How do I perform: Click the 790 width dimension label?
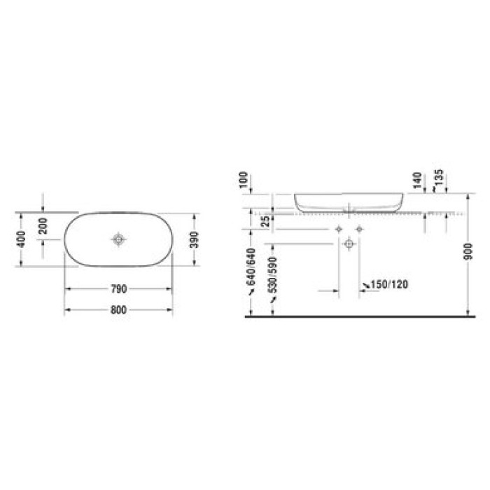point(119,289)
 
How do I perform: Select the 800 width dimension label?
point(118,310)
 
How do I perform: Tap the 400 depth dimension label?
point(21,239)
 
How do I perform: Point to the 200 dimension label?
point(43,226)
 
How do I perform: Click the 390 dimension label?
point(195,239)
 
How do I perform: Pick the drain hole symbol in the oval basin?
point(118,239)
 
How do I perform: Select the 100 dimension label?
point(243,180)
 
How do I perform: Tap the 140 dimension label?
point(417,181)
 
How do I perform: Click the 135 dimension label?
point(438,177)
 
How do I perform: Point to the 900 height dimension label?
point(468,251)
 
